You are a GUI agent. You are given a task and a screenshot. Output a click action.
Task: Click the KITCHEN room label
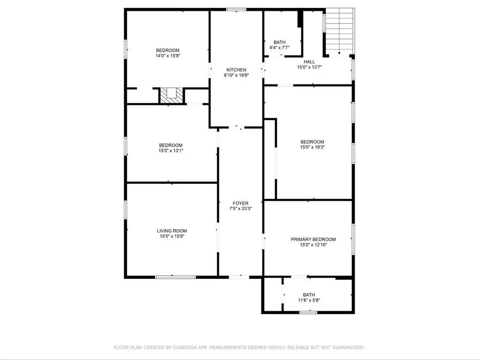click(x=236, y=70)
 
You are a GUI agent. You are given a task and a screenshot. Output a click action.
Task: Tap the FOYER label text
click(x=240, y=203)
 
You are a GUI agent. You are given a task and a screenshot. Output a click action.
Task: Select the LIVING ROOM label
click(x=172, y=231)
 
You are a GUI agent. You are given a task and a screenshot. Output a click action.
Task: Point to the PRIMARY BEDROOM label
click(x=313, y=239)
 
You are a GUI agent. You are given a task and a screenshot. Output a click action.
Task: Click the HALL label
click(x=309, y=62)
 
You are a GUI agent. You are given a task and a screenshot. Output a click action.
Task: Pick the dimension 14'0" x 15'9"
click(x=168, y=56)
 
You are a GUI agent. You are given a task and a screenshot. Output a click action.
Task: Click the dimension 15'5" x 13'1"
click(x=171, y=150)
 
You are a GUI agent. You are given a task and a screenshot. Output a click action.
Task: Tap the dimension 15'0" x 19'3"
click(x=312, y=147)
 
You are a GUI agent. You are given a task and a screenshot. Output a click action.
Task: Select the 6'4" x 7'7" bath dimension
click(x=279, y=48)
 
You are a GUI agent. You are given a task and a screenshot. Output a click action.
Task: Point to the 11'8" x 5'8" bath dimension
click(x=309, y=300)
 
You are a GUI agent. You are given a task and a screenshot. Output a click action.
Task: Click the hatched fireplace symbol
click(x=172, y=96)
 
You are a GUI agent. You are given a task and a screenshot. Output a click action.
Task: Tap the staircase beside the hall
click(x=339, y=31)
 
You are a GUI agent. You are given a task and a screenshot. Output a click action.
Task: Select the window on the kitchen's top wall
click(x=236, y=9)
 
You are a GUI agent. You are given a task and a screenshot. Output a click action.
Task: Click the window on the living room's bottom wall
click(x=176, y=277)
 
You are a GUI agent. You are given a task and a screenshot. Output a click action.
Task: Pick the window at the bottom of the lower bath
click(x=308, y=312)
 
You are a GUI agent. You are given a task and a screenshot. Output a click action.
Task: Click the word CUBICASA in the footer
click(x=185, y=347)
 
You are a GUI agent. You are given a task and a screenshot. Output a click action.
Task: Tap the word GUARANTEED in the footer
click(x=348, y=347)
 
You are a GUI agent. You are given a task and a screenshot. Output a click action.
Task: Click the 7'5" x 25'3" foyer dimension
click(x=240, y=209)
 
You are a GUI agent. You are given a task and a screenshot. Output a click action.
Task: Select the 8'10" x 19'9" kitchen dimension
click(x=236, y=75)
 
